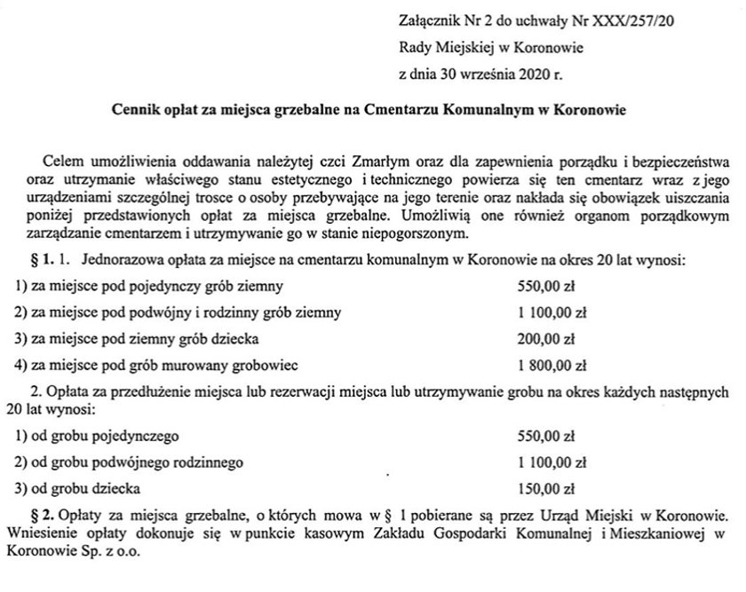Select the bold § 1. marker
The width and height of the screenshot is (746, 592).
click(x=43, y=261)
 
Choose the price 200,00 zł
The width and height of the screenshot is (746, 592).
click(x=547, y=338)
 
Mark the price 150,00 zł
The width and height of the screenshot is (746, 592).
click(x=547, y=487)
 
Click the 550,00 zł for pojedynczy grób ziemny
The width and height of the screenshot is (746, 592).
click(x=547, y=287)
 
